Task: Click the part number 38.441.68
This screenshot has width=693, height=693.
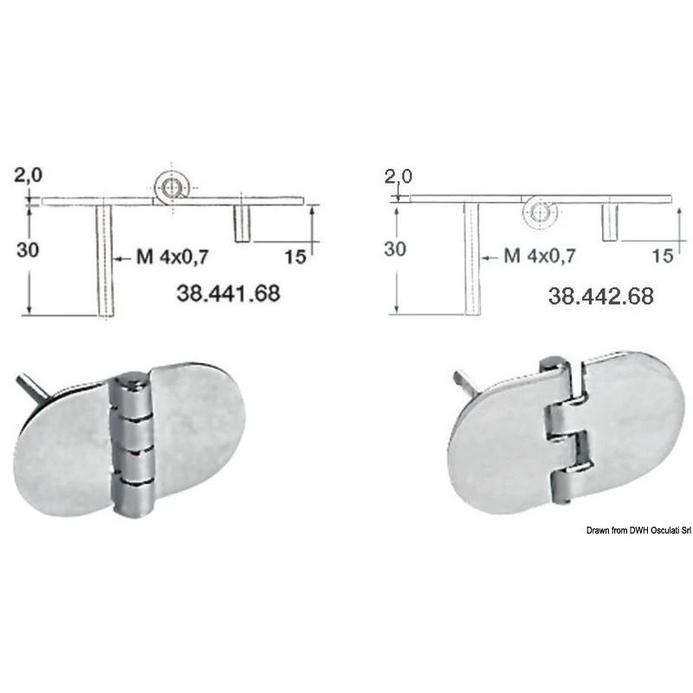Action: [229, 293]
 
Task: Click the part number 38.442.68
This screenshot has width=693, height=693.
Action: [600, 295]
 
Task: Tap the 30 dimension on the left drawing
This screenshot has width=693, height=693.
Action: [28, 250]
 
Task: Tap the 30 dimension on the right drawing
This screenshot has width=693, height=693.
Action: [395, 249]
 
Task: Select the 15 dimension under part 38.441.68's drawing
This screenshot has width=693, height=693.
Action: [295, 256]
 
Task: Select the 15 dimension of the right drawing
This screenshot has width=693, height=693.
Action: [663, 256]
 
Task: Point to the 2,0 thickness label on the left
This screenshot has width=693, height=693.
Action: [29, 176]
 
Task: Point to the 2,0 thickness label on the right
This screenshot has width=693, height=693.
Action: [398, 177]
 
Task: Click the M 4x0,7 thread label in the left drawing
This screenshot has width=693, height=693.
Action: [172, 256]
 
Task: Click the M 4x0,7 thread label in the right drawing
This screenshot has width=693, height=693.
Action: [540, 256]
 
